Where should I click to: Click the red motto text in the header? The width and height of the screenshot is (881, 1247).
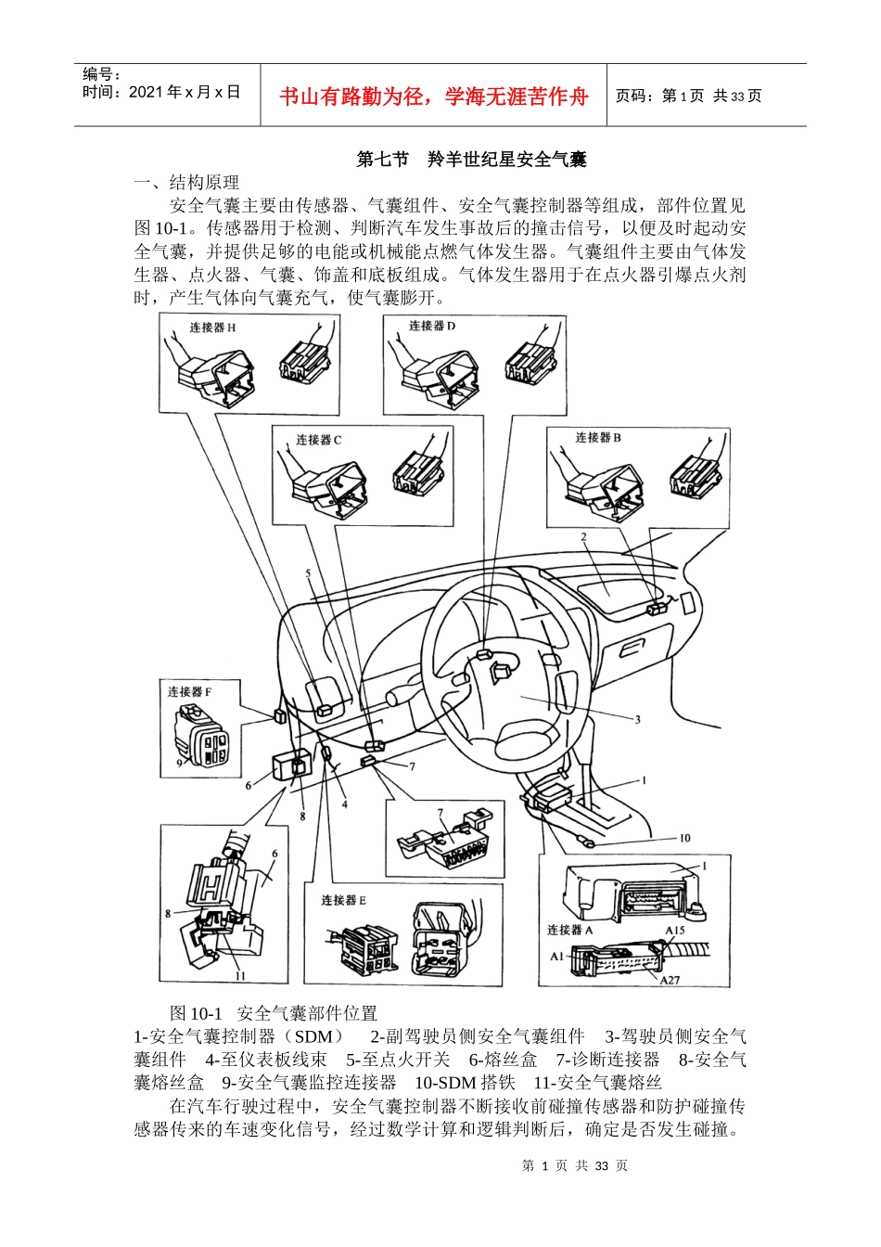[433, 96]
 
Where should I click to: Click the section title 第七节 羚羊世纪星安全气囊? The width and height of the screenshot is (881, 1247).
[471, 160]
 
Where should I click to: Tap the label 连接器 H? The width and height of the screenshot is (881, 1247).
[212, 328]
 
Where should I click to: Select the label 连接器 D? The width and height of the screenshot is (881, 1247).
[432, 326]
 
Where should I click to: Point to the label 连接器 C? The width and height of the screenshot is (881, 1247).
[319, 439]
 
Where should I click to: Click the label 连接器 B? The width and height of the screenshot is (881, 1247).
[598, 437]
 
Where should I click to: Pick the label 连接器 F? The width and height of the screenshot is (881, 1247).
[189, 691]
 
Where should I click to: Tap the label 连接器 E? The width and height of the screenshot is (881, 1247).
[343, 900]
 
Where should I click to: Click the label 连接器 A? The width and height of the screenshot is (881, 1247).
[569, 930]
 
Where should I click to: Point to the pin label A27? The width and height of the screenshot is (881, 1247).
[670, 980]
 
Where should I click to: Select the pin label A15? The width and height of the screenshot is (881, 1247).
[674, 930]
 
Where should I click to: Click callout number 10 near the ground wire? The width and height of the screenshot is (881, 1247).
[684, 838]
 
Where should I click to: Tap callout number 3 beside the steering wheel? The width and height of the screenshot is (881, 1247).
[637, 719]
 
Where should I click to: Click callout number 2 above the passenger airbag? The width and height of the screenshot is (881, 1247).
[583, 537]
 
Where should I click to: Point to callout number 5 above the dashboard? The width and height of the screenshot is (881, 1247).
[308, 573]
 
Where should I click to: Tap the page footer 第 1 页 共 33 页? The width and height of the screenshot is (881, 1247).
[575, 1165]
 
